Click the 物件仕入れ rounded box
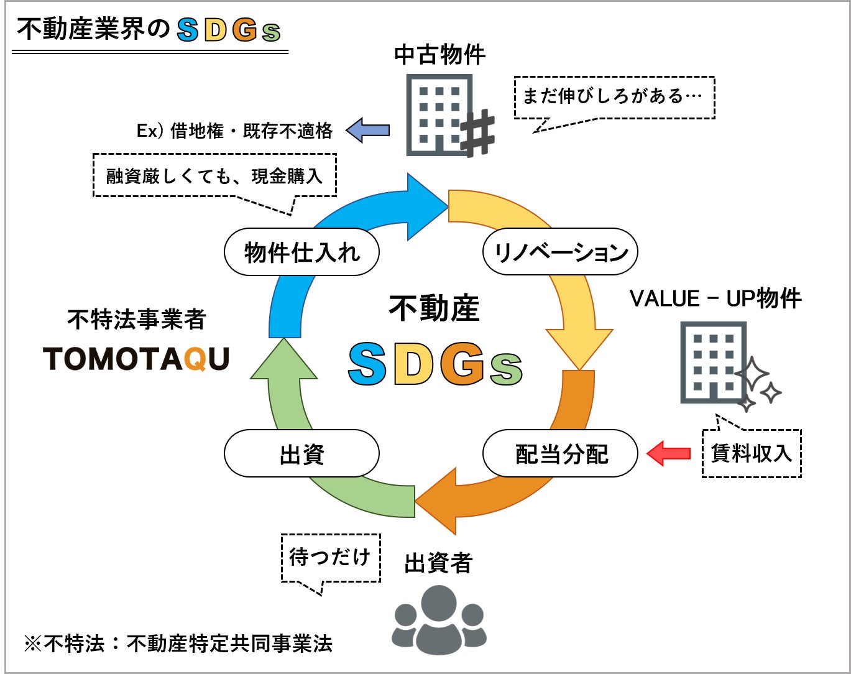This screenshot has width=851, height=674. [x=301, y=252]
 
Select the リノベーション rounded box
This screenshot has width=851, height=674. [x=560, y=252]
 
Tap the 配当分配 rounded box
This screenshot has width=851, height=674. [x=560, y=454]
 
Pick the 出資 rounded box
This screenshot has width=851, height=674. [x=301, y=454]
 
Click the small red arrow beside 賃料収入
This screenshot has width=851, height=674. [x=669, y=453]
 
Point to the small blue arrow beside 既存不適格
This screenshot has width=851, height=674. [x=367, y=131]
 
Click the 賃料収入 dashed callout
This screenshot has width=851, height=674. [x=751, y=453]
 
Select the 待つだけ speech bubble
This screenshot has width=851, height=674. [x=330, y=557]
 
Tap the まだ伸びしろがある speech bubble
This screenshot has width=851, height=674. [x=614, y=97]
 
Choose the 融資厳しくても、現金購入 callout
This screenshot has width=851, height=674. [x=214, y=176]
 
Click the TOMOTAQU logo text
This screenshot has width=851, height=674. [x=136, y=359]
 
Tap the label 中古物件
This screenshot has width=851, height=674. [x=439, y=55]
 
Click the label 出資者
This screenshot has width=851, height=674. [x=438, y=563]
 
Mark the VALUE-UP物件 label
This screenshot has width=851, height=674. [x=715, y=298]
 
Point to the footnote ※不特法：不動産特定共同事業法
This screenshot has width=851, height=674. [x=178, y=644]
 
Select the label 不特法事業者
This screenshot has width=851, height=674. [x=136, y=320]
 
